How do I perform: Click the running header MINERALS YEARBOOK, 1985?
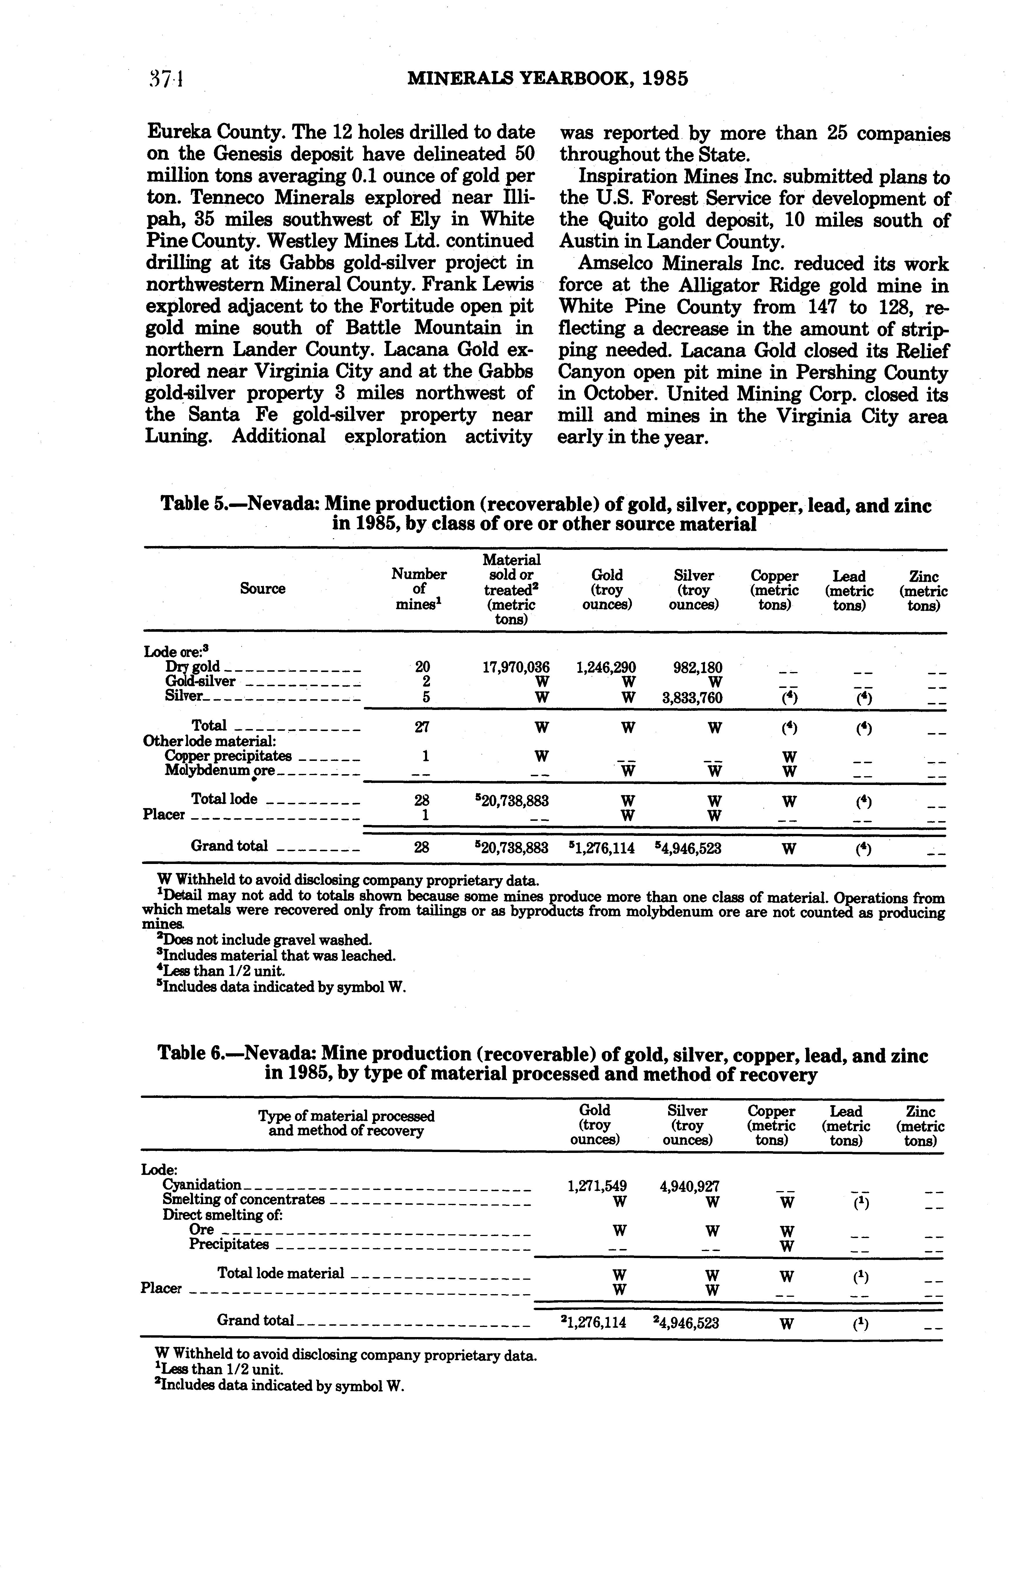click(547, 80)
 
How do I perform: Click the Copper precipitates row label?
click(228, 756)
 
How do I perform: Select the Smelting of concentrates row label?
click(243, 1200)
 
